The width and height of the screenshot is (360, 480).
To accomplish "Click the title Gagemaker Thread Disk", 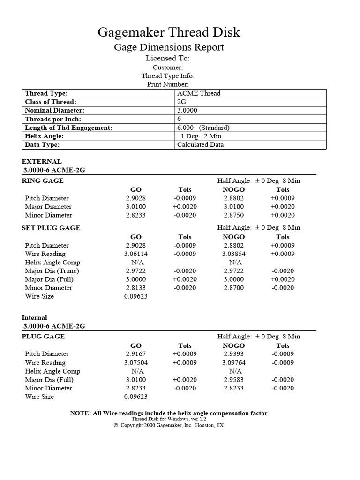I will (x=169, y=32).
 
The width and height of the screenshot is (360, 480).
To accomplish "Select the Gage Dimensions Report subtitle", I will (x=169, y=47).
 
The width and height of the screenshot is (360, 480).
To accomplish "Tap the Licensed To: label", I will (x=167, y=59).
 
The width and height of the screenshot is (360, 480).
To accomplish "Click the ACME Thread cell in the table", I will (x=199, y=93).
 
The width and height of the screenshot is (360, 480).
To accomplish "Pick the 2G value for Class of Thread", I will (x=181, y=102).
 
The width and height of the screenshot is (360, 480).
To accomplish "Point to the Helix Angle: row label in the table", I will (x=44, y=136).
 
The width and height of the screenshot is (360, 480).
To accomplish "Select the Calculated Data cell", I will (x=200, y=145).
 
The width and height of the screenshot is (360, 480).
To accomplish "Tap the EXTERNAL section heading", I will (x=42, y=161).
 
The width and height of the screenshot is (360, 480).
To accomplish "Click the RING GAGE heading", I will (x=43, y=180).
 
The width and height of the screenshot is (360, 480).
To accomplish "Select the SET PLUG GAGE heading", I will (x=51, y=228).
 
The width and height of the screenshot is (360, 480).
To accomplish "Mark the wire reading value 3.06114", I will (x=135, y=254).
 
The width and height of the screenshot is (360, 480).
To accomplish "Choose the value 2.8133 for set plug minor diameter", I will (x=135, y=288).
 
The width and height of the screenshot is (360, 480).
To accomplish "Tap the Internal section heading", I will (x=34, y=317).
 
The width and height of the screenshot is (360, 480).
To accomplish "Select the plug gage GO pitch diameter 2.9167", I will (x=135, y=354).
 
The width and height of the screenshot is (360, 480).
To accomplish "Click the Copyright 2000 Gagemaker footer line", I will (x=169, y=425).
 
